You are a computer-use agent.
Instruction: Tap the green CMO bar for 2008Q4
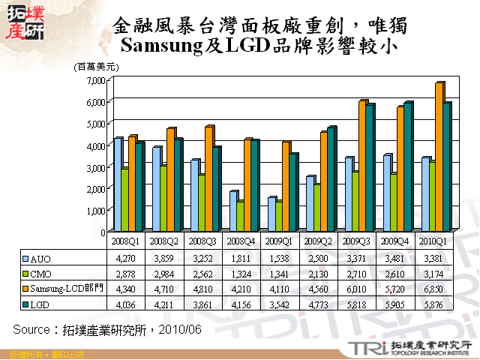tap(240, 216)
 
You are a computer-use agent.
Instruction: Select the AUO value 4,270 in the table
tap(123, 258)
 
